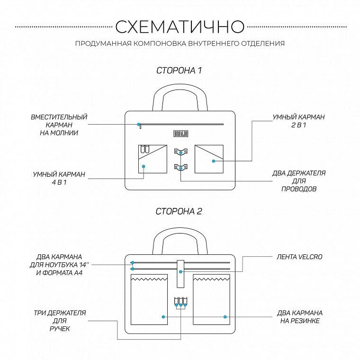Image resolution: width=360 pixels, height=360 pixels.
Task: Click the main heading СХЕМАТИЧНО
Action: (x=180, y=26)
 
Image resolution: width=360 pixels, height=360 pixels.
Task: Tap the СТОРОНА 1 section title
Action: (x=179, y=71)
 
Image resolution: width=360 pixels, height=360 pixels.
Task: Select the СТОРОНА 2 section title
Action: (x=179, y=211)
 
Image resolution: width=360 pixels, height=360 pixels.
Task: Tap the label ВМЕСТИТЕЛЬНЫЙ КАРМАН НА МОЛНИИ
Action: (x=59, y=125)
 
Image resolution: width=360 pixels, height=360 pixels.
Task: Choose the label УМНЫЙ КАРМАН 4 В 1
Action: (x=59, y=178)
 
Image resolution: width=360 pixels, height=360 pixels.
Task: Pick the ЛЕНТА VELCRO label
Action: (x=299, y=257)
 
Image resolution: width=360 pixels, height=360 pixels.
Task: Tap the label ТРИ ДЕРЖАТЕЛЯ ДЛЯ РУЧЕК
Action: (x=59, y=321)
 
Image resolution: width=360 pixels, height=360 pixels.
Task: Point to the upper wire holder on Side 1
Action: (x=180, y=152)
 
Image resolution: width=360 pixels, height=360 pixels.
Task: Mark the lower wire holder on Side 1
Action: (x=180, y=167)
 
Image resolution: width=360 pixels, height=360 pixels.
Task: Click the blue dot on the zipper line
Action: (x=139, y=125)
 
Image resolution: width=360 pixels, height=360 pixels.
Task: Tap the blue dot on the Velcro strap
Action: (x=180, y=272)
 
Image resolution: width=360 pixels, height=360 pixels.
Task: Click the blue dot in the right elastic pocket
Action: (x=225, y=316)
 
